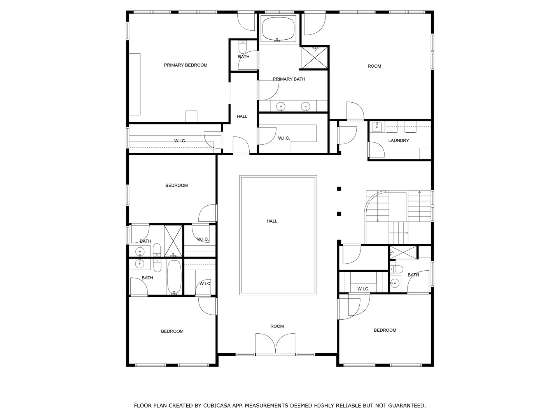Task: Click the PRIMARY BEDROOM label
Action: click(x=185, y=65)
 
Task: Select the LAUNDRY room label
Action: click(x=398, y=140)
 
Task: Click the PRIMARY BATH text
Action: click(x=289, y=79)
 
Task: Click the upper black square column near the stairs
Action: click(x=339, y=189)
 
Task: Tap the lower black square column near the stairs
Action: click(x=339, y=214)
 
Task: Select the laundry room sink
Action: click(x=376, y=126)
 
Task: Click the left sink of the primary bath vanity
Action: click(x=280, y=106)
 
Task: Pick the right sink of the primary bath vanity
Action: click(x=305, y=106)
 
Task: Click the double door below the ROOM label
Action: click(x=275, y=344)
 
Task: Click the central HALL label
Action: click(x=272, y=221)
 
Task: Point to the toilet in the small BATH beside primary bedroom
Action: click(x=243, y=47)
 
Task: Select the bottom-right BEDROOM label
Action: click(x=385, y=330)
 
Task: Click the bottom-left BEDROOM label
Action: click(x=172, y=331)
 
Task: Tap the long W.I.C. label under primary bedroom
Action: click(x=180, y=141)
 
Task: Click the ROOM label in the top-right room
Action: click(x=374, y=66)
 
